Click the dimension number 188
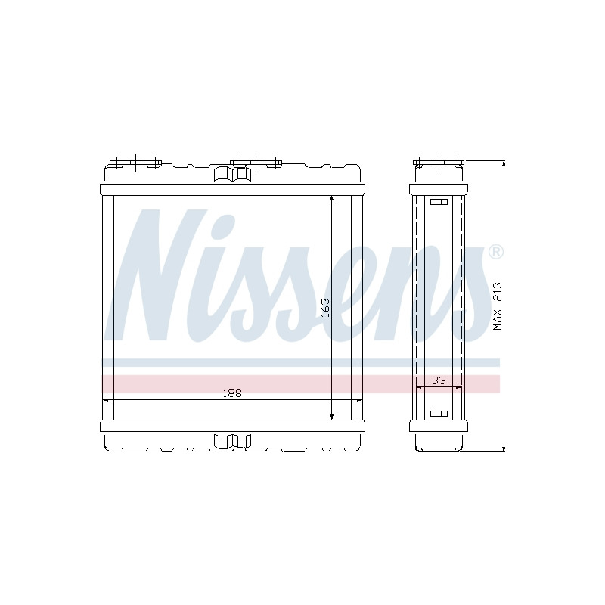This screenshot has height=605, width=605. point(232,393)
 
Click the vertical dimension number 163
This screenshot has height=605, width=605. point(325,308)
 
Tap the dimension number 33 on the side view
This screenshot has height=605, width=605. point(439,380)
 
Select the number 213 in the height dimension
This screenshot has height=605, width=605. point(498,292)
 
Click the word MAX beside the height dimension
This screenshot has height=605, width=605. point(498,319)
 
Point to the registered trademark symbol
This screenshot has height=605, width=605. point(496,252)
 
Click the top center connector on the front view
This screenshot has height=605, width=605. point(232,174)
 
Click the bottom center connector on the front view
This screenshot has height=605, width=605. point(232,442)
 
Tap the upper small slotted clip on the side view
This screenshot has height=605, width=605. point(439,202)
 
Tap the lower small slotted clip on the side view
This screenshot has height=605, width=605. point(439,414)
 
